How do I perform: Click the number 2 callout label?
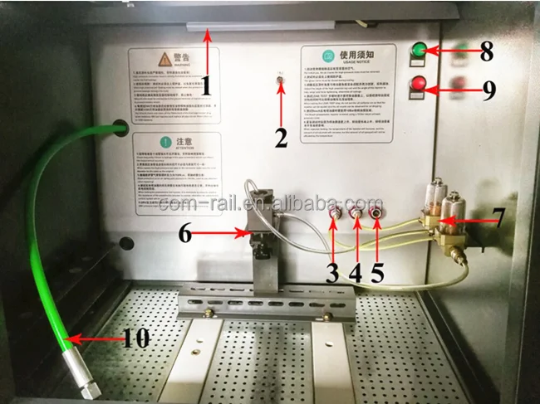click(x=281, y=138)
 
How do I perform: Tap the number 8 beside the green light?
click(x=486, y=51)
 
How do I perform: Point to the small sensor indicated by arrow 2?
click(x=281, y=81)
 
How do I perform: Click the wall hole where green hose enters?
click(x=119, y=128)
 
